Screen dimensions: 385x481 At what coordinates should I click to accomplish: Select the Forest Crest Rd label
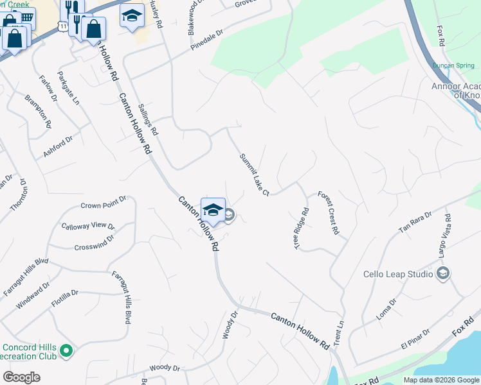(x=328, y=212)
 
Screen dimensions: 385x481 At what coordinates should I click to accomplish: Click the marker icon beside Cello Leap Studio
(x=442, y=274)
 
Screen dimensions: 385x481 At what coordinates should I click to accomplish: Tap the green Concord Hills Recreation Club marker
(x=66, y=350)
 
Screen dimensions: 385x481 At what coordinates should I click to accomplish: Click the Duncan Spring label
(x=453, y=65)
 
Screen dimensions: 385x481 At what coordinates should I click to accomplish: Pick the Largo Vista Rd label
(x=444, y=239)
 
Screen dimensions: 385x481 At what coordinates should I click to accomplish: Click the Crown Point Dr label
(x=104, y=205)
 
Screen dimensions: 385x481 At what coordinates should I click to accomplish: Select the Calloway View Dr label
(x=87, y=226)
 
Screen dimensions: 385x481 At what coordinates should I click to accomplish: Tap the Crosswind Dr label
(x=94, y=243)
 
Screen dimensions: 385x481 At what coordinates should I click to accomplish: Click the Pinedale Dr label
(x=206, y=40)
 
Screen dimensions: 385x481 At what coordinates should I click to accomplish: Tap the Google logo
(x=21, y=377)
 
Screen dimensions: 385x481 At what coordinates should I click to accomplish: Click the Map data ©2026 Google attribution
(x=441, y=380)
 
